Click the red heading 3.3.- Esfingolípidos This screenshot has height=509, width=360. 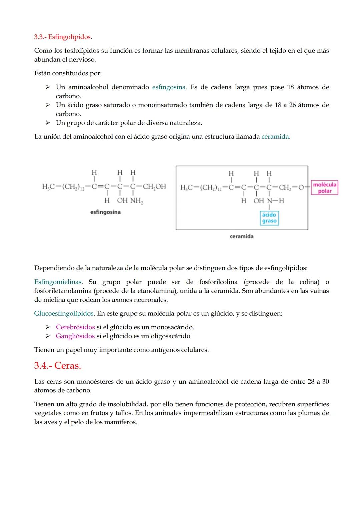63,37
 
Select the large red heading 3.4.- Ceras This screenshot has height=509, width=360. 57,366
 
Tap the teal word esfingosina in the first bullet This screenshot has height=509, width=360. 169,87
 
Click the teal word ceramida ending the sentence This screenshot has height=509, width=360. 275,137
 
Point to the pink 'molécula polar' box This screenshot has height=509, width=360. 325,188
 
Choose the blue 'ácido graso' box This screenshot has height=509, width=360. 269,218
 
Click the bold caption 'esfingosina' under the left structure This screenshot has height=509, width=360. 105,212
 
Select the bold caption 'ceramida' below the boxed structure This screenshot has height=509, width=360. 242,236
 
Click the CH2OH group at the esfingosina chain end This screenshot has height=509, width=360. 154,186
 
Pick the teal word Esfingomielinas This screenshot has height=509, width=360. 58,282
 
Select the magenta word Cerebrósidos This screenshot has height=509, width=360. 75,327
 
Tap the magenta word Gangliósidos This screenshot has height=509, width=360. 75,336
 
